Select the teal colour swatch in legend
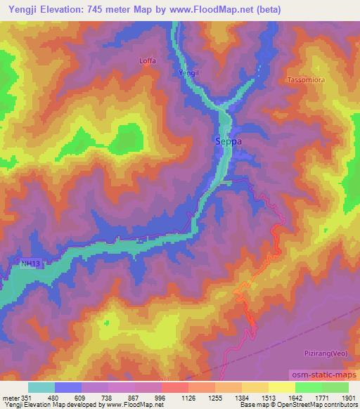[x=41, y=387]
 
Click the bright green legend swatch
[x=309, y=387]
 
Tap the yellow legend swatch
[x=282, y=387]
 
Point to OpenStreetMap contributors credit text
[x=321, y=405]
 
